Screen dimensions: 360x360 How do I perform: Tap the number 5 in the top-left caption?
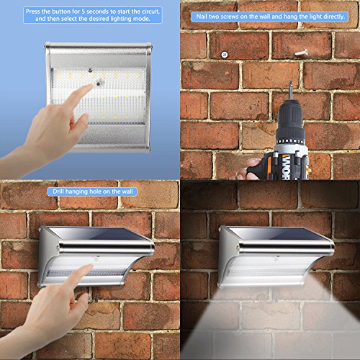coord(83,12)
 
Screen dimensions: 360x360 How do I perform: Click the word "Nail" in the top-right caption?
coord(202,17)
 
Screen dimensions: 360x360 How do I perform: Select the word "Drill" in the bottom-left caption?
coord(58,192)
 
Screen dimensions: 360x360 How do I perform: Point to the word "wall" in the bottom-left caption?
coord(127,192)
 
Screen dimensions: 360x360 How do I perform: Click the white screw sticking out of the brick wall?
coord(302,52)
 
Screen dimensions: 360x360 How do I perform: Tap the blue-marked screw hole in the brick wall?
coord(225,55)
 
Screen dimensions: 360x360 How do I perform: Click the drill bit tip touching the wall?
coord(291,82)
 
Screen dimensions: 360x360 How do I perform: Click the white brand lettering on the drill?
coord(285,167)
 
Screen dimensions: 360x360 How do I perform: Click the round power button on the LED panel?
coord(99,84)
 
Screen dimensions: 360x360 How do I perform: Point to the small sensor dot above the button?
coord(90,71)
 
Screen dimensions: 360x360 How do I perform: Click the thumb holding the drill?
coord(253,166)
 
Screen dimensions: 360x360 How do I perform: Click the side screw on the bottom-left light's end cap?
coord(58,248)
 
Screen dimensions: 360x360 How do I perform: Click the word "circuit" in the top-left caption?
coord(150,12)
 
